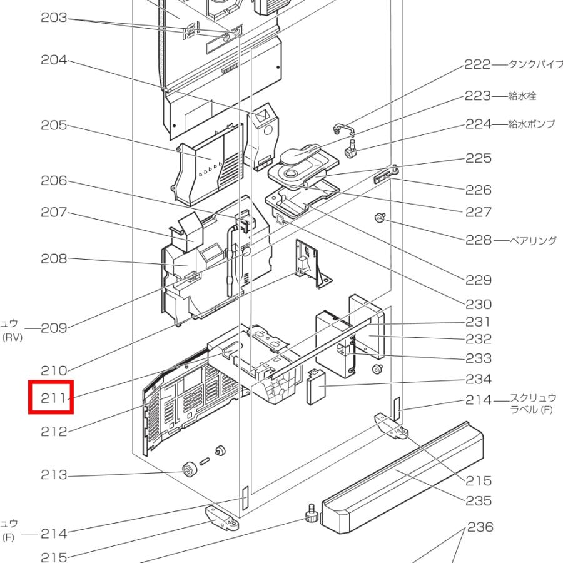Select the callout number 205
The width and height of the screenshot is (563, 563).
tap(54, 125)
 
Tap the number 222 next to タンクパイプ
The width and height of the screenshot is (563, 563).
tap(477, 64)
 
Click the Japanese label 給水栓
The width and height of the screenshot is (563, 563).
tap(522, 96)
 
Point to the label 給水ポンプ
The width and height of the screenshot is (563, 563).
tap(532, 124)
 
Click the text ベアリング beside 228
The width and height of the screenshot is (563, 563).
tap(533, 240)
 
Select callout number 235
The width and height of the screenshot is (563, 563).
tap(479, 500)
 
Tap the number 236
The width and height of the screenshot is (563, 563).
tap(480, 527)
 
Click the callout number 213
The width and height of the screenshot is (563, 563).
tap(54, 475)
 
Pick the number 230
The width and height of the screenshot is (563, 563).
tap(479, 304)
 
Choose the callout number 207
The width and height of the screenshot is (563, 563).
tap(54, 212)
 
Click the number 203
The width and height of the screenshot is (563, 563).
tap(54, 18)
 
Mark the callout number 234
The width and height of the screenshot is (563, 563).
tap(479, 378)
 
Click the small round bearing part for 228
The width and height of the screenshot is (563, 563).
tap(379, 217)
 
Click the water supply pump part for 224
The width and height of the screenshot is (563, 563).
tap(351, 149)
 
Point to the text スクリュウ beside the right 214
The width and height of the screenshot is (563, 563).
tap(533, 397)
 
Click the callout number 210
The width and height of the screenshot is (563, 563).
tap(54, 370)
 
